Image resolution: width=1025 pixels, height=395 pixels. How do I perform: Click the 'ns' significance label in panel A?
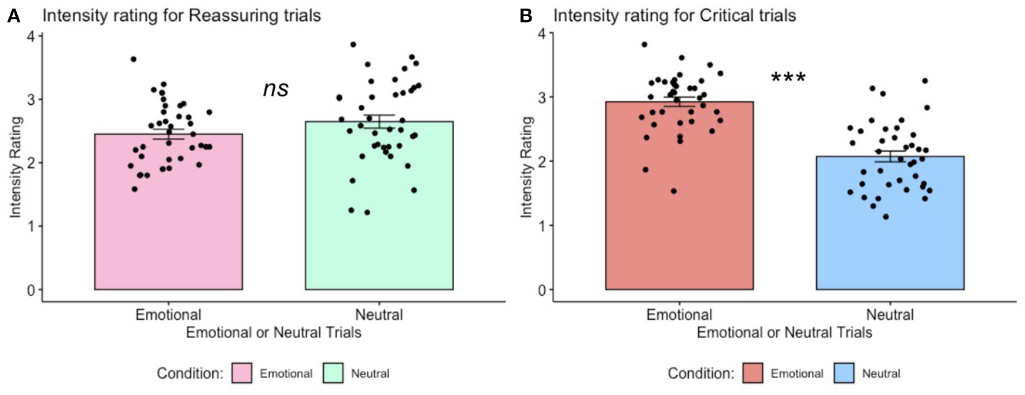pos(276,89)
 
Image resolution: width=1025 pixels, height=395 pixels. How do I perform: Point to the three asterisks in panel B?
pos(788,78)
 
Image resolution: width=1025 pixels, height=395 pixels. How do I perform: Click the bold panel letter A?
pos(13,16)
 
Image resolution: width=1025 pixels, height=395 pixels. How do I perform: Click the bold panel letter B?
pos(526,16)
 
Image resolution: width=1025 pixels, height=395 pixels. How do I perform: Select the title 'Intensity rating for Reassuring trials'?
pos(182,16)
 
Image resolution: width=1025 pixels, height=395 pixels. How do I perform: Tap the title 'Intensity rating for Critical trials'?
pos(674,16)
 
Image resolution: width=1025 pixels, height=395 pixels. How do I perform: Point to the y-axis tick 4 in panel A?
pos(31,36)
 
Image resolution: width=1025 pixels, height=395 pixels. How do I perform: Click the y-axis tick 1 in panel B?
pos(541,226)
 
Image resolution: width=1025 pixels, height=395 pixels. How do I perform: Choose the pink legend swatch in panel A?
pos(242,374)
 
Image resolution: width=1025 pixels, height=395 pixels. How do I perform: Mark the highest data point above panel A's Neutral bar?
pos(353,45)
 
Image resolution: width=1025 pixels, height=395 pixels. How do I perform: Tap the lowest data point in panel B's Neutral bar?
pos(886,217)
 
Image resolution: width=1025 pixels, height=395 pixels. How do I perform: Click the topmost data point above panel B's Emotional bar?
pos(644,45)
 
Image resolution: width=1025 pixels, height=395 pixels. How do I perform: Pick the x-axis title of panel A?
pos(273,332)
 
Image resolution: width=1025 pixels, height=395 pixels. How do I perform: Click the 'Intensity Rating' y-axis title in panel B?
pos(526,167)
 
